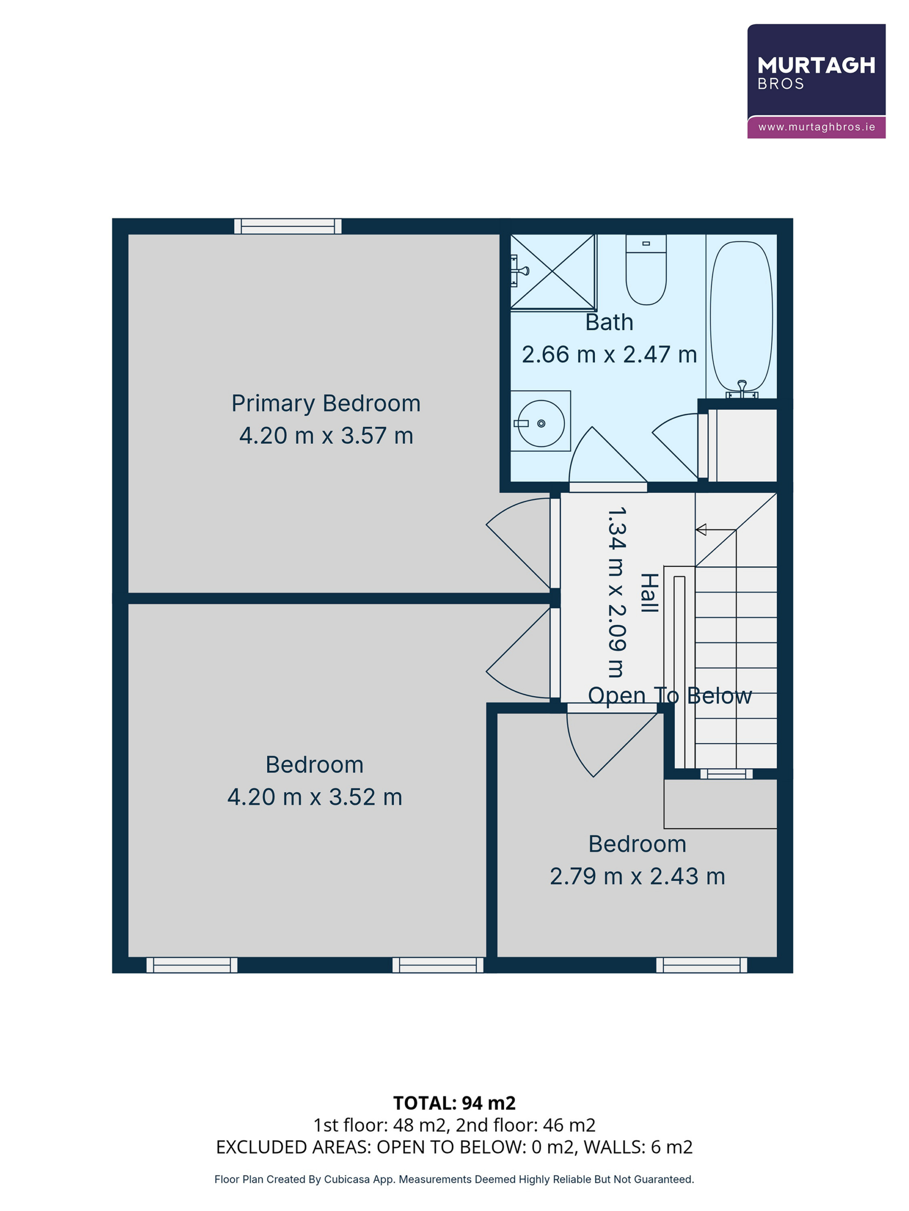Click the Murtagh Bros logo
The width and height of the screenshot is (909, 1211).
point(816,81)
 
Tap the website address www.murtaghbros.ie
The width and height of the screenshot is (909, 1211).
point(816,127)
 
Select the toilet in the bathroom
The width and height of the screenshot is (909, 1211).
point(646,269)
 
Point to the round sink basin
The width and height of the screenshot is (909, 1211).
point(541,423)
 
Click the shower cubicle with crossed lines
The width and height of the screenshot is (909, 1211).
point(553,272)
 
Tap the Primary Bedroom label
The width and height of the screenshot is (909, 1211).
point(326,404)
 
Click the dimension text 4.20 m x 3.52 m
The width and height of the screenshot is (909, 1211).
point(315,797)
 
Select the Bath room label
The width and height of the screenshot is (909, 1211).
point(609,322)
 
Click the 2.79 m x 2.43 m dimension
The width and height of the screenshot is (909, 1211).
point(637,876)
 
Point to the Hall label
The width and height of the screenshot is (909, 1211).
point(649,593)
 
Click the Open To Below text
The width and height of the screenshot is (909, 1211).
point(670,696)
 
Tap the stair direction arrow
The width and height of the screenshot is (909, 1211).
point(715,529)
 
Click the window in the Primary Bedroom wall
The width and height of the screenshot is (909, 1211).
point(288,226)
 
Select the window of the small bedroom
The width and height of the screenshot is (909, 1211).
point(701,965)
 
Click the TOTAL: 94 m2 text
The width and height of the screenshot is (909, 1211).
point(454,1103)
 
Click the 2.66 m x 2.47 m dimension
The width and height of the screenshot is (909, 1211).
point(609,355)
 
